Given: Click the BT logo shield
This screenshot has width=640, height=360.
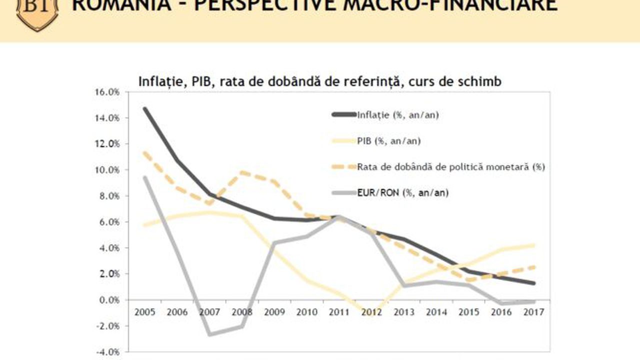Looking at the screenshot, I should point(37,12).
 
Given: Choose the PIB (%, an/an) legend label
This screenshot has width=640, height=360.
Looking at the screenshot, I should point(388,140).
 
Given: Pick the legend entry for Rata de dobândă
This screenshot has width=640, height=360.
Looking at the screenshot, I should point(450,166).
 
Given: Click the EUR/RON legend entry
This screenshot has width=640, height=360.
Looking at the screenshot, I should point(402,192).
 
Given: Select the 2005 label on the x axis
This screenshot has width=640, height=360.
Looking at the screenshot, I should point(144,312).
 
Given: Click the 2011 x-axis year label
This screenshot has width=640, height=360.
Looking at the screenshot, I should point(339,312).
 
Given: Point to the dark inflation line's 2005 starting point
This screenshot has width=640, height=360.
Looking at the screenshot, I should point(144,108).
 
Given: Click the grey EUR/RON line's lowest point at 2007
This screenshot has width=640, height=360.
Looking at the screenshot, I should point(209,334).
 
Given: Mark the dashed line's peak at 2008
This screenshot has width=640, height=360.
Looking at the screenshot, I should point(242,172).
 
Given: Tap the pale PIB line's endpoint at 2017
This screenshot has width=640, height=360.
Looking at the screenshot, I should point(534,245).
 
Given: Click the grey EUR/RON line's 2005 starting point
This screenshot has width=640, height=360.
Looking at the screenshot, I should point(144,177).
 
